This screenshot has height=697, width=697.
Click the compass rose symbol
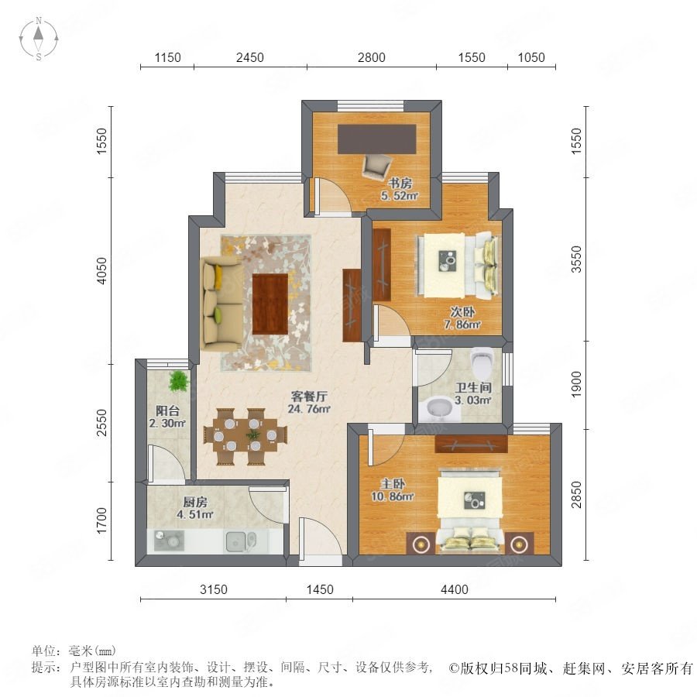coord(39,38)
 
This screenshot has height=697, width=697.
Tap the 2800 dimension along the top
coord(372,57)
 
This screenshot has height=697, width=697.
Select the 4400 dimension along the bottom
coord(455,589)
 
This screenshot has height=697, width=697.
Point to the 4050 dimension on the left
coord(101,271)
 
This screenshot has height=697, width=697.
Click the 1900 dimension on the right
coord(576,384)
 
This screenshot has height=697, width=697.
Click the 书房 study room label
coord(400,183)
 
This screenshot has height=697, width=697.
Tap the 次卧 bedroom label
coord(462,312)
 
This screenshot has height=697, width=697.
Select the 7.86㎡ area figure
coord(462,324)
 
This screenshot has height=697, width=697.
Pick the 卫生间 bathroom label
coord(473,388)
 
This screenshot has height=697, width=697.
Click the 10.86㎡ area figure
coord(393,496)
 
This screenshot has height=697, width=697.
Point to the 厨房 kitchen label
coord(195,503)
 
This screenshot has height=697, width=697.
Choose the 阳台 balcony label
coord(167,410)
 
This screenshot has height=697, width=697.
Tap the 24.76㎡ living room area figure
coord(309,408)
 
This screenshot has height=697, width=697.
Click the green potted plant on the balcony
coord(179,381)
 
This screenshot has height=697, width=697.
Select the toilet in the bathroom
coord(482,362)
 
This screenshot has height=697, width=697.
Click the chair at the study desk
coord(376,167)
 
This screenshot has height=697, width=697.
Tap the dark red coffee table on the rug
coord(270,304)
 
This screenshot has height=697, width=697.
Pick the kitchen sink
coord(241,541)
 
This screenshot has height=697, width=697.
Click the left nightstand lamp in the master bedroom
coord(421,543)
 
